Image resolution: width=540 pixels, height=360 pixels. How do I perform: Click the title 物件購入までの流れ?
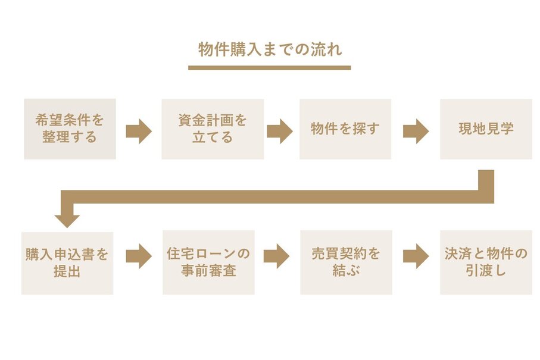270,50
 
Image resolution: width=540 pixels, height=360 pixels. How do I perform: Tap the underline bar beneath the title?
269,67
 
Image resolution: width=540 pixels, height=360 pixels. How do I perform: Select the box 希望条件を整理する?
70,129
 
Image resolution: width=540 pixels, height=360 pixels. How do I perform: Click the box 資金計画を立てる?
213,129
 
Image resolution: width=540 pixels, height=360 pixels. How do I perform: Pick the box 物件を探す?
345,129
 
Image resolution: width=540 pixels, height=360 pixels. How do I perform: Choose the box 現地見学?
486,129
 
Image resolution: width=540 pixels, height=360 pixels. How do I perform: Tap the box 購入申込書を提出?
67,263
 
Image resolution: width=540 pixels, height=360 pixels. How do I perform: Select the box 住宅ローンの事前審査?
208,263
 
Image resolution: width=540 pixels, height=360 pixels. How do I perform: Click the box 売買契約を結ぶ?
346,263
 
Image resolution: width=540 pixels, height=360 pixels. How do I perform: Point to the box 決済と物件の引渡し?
486,263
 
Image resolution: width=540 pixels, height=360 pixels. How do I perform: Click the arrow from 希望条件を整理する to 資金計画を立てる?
139,131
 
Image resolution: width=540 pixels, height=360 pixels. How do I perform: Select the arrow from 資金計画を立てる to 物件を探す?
279,131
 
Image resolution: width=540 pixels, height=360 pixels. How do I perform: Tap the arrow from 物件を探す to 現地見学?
416,131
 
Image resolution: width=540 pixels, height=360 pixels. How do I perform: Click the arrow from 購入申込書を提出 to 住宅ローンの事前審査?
139,256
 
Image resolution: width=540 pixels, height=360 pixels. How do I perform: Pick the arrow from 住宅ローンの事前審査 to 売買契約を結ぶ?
276,256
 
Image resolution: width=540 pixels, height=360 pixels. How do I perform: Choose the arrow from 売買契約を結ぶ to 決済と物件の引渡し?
416,256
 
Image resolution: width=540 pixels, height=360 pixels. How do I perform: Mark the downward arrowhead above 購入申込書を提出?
67,219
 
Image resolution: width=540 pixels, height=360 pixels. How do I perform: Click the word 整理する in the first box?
70,137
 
